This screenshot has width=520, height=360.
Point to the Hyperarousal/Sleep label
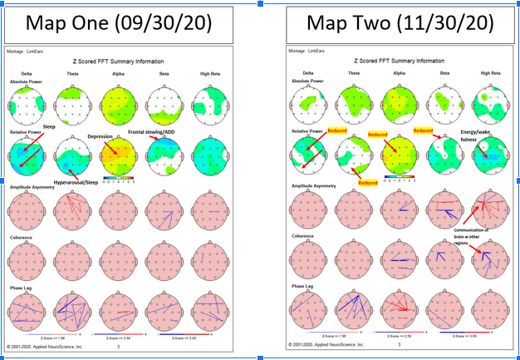(83, 179)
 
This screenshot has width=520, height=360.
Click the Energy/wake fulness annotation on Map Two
(479, 136)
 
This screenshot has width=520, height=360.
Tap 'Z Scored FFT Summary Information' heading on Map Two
(399, 61)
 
